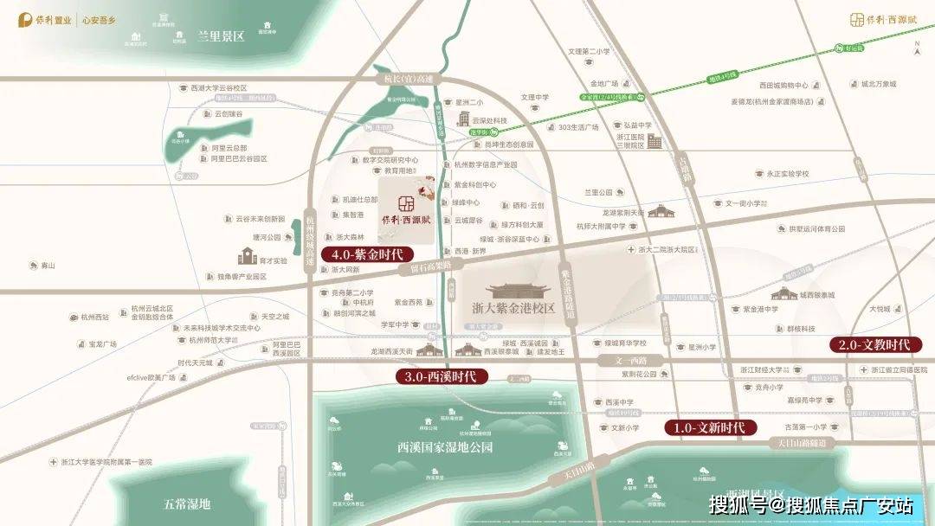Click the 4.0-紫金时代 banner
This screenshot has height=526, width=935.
click(x=366, y=254)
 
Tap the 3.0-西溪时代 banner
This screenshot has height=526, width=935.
click(x=442, y=376)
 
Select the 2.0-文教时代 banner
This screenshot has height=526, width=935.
click(x=873, y=344)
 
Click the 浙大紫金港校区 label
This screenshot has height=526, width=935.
click(x=513, y=308)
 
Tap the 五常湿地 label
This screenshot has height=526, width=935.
click(x=187, y=503)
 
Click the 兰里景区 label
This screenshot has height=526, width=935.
click(x=221, y=36)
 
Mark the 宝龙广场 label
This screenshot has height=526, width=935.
click(x=103, y=343)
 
